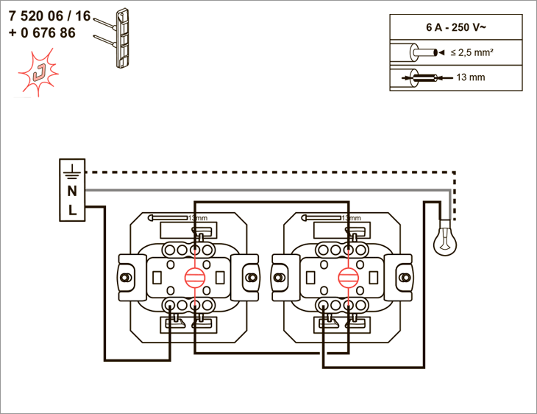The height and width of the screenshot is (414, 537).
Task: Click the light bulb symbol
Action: tap(445, 238)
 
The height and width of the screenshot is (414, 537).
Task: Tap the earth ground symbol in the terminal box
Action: tap(72, 172)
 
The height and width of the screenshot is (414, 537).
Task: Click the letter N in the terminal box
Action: tap(72, 191)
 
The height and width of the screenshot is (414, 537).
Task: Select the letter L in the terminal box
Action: tap(72, 210)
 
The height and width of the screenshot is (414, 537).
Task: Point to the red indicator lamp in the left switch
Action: tap(195, 277)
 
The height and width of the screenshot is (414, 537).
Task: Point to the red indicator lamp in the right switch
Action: tap(348, 277)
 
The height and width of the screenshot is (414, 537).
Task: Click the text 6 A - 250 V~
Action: tap(456, 27)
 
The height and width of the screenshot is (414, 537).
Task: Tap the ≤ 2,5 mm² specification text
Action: tap(472, 52)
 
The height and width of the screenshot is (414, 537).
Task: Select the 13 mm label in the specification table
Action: tap(471, 77)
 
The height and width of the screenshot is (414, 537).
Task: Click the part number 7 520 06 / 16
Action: tap(50, 16)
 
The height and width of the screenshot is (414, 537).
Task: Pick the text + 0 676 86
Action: tap(42, 33)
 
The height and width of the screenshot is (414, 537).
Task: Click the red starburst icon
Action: tap(38, 72)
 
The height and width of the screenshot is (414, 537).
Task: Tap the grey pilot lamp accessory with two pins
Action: tap(114, 38)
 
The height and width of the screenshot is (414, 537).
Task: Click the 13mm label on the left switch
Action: tap(198, 218)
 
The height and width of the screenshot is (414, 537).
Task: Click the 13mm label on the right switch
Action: tap(351, 218)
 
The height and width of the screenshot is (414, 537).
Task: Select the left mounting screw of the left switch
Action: tap(125, 277)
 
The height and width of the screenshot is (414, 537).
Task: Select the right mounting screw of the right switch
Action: tap(405, 277)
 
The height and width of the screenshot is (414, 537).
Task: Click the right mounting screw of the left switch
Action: tap(252, 277)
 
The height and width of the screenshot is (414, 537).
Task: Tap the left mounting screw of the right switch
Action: tap(279, 277)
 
